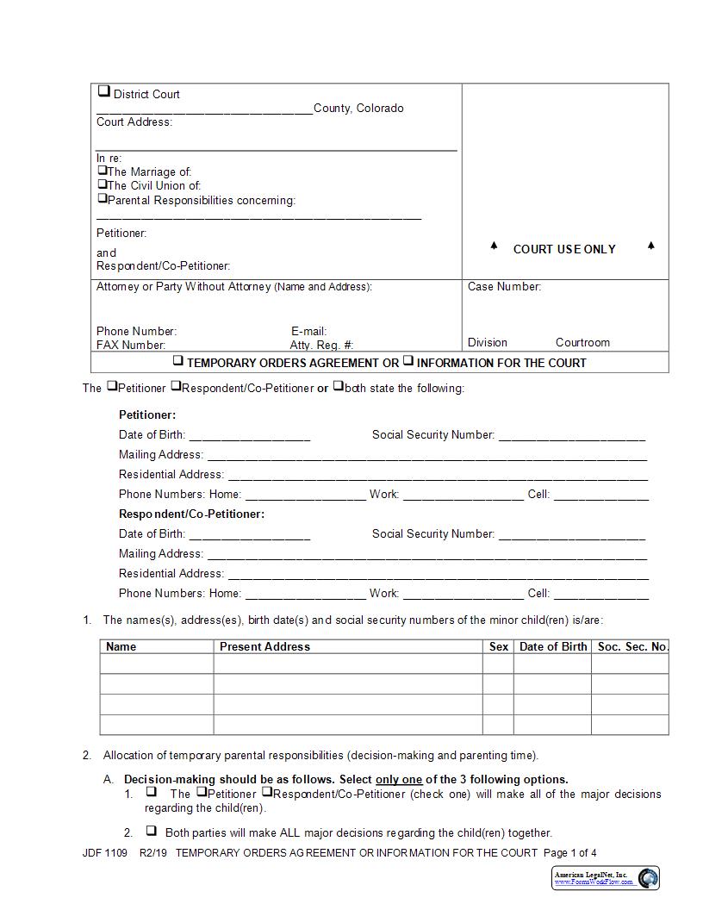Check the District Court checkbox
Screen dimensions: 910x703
coord(103,90)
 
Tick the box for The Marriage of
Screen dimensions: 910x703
coord(102,171)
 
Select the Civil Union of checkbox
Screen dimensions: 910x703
coord(102,184)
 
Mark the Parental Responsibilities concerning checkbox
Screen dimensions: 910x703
coord(102,198)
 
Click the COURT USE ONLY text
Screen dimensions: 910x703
coord(564,249)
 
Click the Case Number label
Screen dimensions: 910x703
coord(504,286)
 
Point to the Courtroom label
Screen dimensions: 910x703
coord(582,342)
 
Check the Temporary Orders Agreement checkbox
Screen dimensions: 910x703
coord(178,361)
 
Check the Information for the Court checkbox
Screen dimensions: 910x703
coord(408,361)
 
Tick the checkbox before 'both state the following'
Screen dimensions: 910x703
coord(339,386)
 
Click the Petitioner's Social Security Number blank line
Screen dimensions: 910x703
coord(572,436)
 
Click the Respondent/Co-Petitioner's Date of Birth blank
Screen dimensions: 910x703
coord(249,535)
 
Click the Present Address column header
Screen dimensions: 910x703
coord(264,646)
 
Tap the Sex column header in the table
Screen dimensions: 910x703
coord(498,646)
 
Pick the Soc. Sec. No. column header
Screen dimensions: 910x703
coord(632,646)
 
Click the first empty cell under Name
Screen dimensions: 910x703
coord(157,663)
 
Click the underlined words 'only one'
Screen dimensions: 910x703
coord(399,779)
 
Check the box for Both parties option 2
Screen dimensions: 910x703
coord(151,831)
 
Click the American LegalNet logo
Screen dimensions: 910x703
coord(606,877)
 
